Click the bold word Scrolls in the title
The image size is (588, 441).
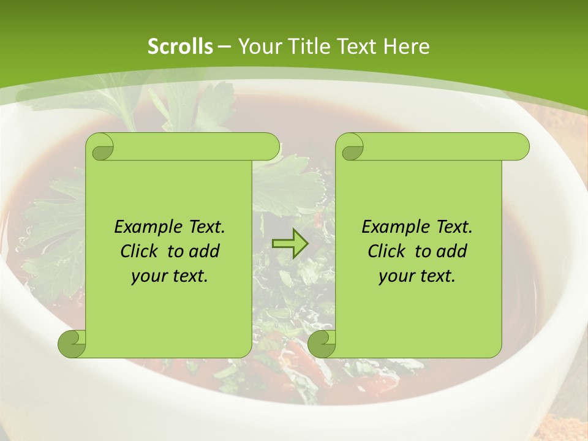pyautogui.click(x=180, y=47)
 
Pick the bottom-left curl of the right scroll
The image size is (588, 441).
pyautogui.click(x=322, y=344)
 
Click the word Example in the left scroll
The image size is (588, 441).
pyautogui.click(x=145, y=227)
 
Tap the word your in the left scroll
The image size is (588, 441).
pyautogui.click(x=149, y=276)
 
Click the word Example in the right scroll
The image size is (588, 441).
pyautogui.click(x=393, y=227)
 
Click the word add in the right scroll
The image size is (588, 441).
pyautogui.click(x=452, y=251)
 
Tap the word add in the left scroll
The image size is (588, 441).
pyautogui.click(x=205, y=251)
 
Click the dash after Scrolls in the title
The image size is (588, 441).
pyautogui.click(x=224, y=47)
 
